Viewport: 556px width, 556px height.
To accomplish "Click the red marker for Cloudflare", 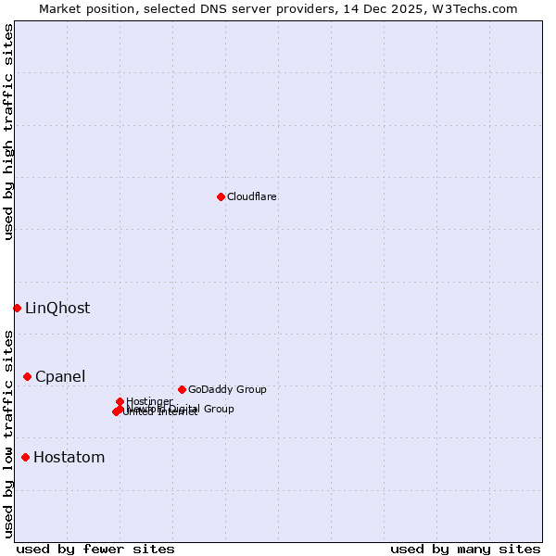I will coord(221,196).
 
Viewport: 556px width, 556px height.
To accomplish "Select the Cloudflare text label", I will coord(251,196).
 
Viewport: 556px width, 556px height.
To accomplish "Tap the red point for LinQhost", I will coord(17,308).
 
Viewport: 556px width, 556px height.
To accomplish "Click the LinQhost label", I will coord(57,309).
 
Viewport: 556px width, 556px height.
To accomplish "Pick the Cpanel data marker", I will coord(27,376).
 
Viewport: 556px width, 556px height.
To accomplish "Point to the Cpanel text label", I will coord(60,377).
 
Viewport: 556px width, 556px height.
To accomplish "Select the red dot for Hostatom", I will coord(25,457).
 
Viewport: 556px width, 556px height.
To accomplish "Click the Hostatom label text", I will coord(69,458).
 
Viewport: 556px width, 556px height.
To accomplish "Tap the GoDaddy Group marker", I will coord(182,389).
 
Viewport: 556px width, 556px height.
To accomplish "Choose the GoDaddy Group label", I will coord(226,390).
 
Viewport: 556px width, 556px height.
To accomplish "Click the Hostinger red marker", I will coord(120,401).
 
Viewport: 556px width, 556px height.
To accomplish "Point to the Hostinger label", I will coord(149,401).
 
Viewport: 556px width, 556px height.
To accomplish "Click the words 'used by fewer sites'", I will coord(95,549).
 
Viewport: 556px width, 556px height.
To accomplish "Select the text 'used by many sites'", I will coord(465,549).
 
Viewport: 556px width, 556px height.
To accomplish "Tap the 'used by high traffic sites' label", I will coord(8,133).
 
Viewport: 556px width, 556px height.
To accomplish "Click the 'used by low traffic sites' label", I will coord(8,434).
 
